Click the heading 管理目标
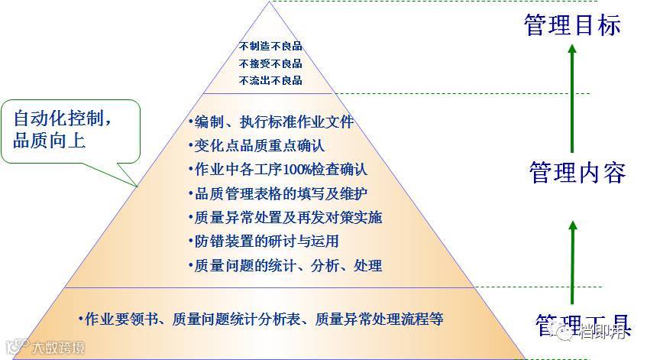point(572,24)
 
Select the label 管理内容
point(577,173)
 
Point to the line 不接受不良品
point(270,63)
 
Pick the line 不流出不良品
point(270,80)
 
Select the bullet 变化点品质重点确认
point(260,145)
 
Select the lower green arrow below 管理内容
point(572,260)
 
